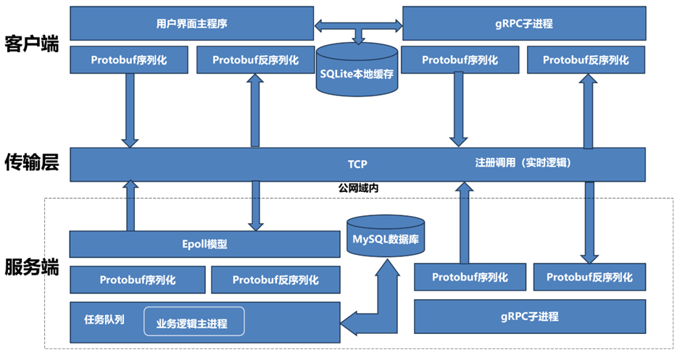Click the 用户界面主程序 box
point(191,23)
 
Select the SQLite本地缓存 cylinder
point(358,72)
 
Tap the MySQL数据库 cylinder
point(385,236)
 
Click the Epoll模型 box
point(204,244)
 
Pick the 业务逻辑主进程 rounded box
point(192,322)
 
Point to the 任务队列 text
point(104,319)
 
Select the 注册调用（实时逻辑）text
point(523,163)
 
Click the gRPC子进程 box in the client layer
point(524,23)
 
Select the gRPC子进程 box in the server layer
point(529,317)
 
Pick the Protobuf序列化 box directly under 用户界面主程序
point(128,60)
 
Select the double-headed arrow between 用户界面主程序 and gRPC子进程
point(358,26)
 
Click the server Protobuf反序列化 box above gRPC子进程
point(589,277)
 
